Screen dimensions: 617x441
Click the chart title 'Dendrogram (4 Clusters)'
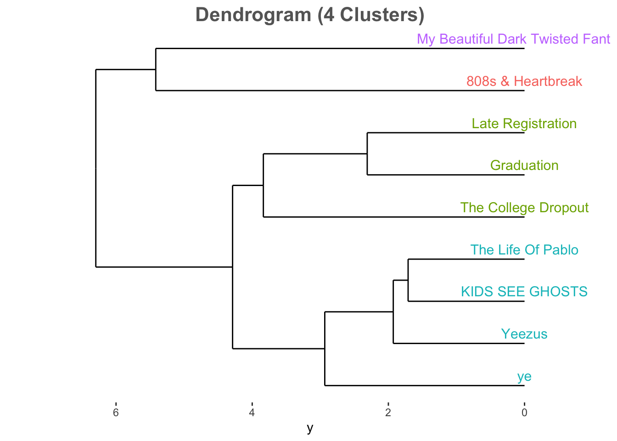[310, 15]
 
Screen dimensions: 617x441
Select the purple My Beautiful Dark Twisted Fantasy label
[513, 39]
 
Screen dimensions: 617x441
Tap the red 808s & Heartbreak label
[524, 81]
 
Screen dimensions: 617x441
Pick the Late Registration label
[524, 124]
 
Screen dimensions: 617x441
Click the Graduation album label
[524, 165]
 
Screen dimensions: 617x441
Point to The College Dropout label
[524, 208]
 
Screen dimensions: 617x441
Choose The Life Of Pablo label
[524, 250]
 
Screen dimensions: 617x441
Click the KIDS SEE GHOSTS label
[524, 292]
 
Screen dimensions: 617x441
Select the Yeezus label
[524, 334]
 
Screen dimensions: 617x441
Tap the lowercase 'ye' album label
[524, 377]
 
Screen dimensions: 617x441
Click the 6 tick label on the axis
[116, 413]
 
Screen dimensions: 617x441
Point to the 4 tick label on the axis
[252, 413]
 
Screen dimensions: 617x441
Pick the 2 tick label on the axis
[388, 413]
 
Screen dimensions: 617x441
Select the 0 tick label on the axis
[524, 413]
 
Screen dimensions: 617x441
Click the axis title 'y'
[310, 429]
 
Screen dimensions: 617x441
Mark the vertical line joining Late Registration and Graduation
[367, 154]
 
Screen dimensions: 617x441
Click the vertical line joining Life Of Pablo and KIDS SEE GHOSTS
[408, 280]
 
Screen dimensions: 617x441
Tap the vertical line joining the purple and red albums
[156, 69]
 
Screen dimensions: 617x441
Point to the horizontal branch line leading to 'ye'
[425, 385]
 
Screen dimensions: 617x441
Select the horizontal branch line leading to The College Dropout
[394, 217]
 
